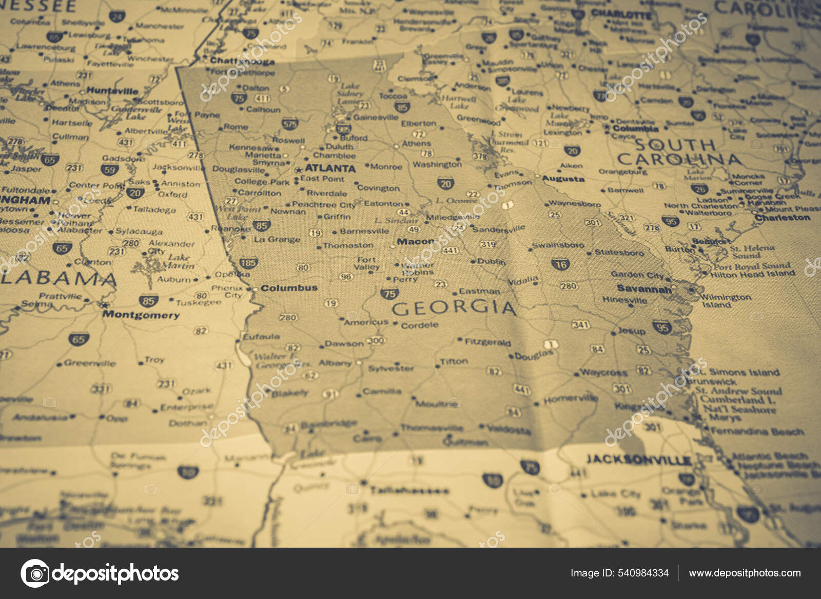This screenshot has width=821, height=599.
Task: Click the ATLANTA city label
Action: [330, 168]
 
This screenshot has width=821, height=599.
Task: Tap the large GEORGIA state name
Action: [453, 308]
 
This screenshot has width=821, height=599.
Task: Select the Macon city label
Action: [415, 241]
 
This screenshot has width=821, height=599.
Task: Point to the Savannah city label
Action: [643, 289]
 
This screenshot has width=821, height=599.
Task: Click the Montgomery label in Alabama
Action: [141, 315]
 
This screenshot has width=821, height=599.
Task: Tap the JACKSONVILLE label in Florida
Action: [639, 459]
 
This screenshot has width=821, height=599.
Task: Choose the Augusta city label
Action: [563, 179]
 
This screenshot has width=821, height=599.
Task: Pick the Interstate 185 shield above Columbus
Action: [248, 263]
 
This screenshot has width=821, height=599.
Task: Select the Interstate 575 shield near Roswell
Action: [290, 124]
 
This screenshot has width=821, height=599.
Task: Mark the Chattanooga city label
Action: [242, 61]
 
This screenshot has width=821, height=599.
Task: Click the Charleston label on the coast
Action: [782, 218]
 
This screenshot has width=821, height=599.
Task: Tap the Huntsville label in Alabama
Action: [112, 91]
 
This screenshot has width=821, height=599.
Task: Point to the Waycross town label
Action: [603, 373]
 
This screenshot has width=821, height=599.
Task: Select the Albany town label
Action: [335, 363]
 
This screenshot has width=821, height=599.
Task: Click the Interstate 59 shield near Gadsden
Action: [110, 170]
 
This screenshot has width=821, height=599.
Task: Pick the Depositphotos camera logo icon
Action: [35, 573]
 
